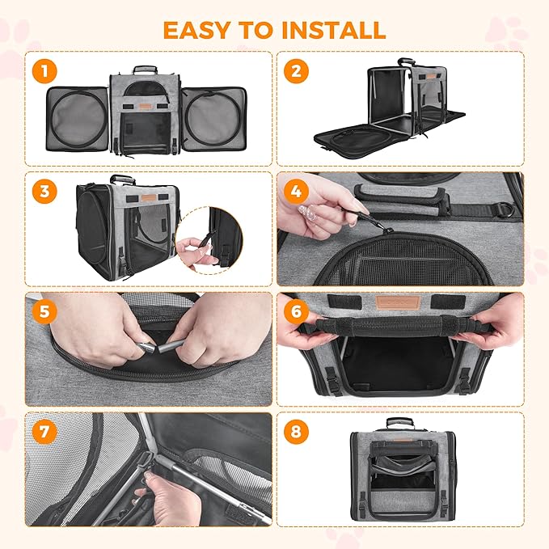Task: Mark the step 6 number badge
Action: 298,311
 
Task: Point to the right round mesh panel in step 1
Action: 212,116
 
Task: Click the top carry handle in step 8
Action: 399,422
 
